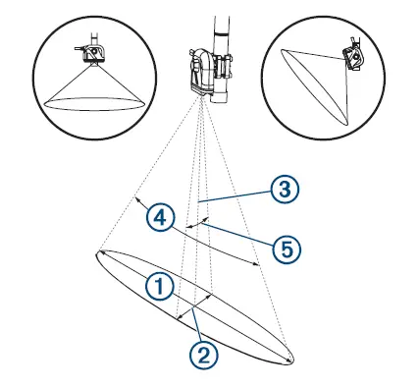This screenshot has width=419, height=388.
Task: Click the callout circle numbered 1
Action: click(159, 286)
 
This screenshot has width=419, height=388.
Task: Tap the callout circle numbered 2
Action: click(202, 353)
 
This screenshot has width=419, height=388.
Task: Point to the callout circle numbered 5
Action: click(285, 249)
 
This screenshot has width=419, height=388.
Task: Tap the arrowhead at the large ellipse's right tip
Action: click(289, 360)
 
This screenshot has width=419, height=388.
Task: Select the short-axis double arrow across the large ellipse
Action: click(194, 304)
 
